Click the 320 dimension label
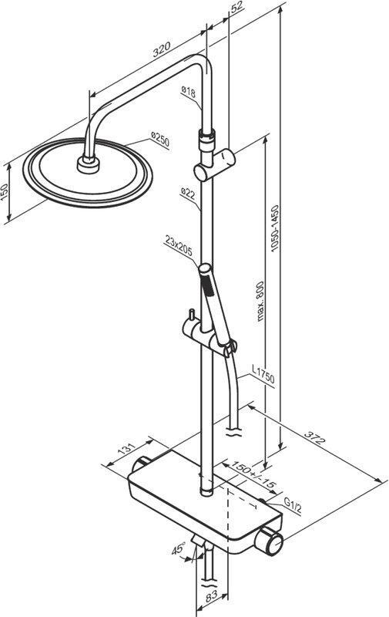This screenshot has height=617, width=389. (162, 49)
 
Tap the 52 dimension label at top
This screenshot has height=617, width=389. (236, 7)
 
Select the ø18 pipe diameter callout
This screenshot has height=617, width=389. (188, 92)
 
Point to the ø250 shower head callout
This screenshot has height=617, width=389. (160, 140)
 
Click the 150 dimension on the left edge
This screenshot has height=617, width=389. (5, 191)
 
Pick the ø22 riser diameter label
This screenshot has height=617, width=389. (188, 194)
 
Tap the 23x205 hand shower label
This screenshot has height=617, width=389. (179, 246)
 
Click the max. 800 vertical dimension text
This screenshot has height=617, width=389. (260, 301)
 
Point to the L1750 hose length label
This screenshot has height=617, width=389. (263, 374)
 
